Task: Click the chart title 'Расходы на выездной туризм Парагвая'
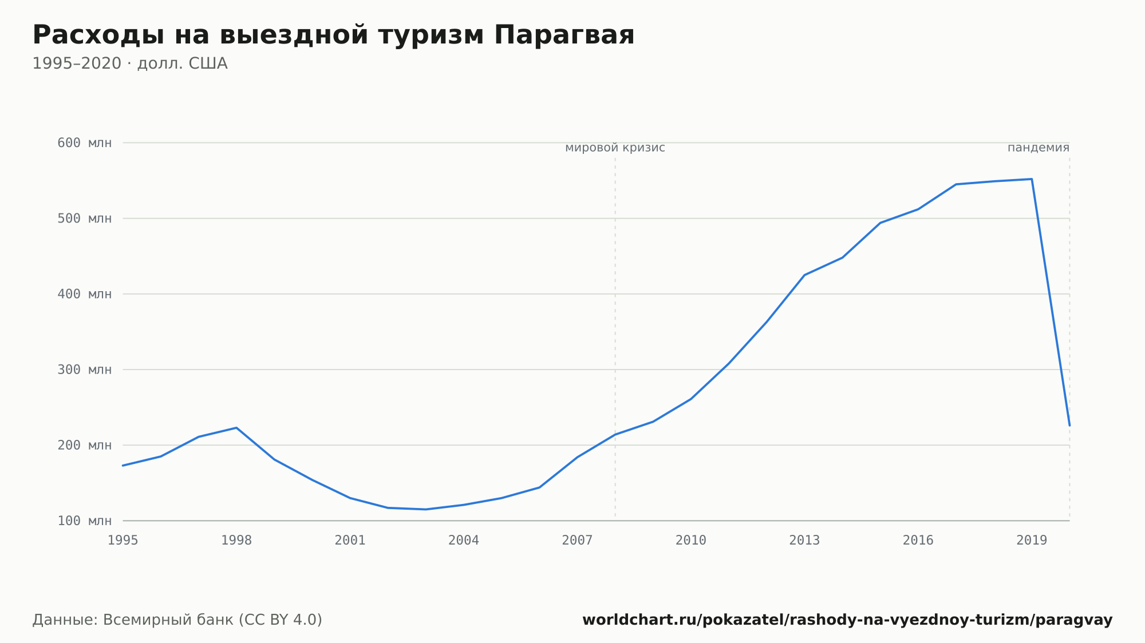click(333, 35)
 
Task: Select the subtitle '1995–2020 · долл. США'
click(130, 63)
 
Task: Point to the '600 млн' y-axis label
click(84, 143)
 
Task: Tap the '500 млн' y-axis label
click(84, 219)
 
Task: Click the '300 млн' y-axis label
click(84, 370)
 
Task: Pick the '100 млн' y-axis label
click(84, 521)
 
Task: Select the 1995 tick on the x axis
click(123, 541)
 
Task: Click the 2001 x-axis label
click(350, 541)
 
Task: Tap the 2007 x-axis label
click(577, 541)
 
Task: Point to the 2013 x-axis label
click(804, 541)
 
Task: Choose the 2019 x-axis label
click(1032, 541)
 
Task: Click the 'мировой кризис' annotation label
click(615, 148)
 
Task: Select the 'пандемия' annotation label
click(1039, 148)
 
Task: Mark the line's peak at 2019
click(1032, 179)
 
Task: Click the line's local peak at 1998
click(236, 428)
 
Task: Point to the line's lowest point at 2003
click(426, 509)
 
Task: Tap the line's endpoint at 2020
click(1069, 426)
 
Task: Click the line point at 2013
click(804, 275)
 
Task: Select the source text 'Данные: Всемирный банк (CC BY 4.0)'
click(177, 620)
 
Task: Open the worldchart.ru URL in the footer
click(847, 620)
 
